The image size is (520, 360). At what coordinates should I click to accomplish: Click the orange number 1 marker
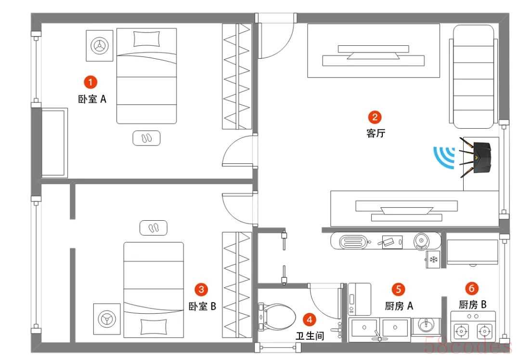click(x=90, y=82)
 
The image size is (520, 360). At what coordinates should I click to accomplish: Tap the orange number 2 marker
click(x=375, y=117)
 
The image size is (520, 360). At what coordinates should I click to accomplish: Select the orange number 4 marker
click(x=310, y=320)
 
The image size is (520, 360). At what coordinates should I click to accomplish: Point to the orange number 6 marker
click(x=471, y=288)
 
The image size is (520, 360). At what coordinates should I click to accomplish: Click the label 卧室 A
click(x=92, y=99)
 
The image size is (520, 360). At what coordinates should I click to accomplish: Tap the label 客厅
click(x=376, y=133)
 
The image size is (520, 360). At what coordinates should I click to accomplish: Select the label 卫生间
click(x=310, y=336)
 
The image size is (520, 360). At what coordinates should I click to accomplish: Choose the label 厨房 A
click(x=399, y=306)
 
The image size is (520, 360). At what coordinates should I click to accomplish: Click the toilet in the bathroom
click(x=277, y=317)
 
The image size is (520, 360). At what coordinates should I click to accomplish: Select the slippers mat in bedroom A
click(x=146, y=138)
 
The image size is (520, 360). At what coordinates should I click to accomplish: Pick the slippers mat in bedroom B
click(x=153, y=228)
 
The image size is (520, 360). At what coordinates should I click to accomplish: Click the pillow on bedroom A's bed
click(x=146, y=39)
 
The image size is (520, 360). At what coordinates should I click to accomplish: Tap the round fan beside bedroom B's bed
click(x=107, y=319)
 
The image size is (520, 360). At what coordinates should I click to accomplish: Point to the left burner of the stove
click(x=461, y=331)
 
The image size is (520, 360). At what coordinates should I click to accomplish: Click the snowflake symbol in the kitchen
click(x=433, y=259)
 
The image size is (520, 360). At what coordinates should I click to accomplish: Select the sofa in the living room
click(x=474, y=77)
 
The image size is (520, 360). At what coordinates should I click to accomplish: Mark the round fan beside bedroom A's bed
click(x=99, y=45)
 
